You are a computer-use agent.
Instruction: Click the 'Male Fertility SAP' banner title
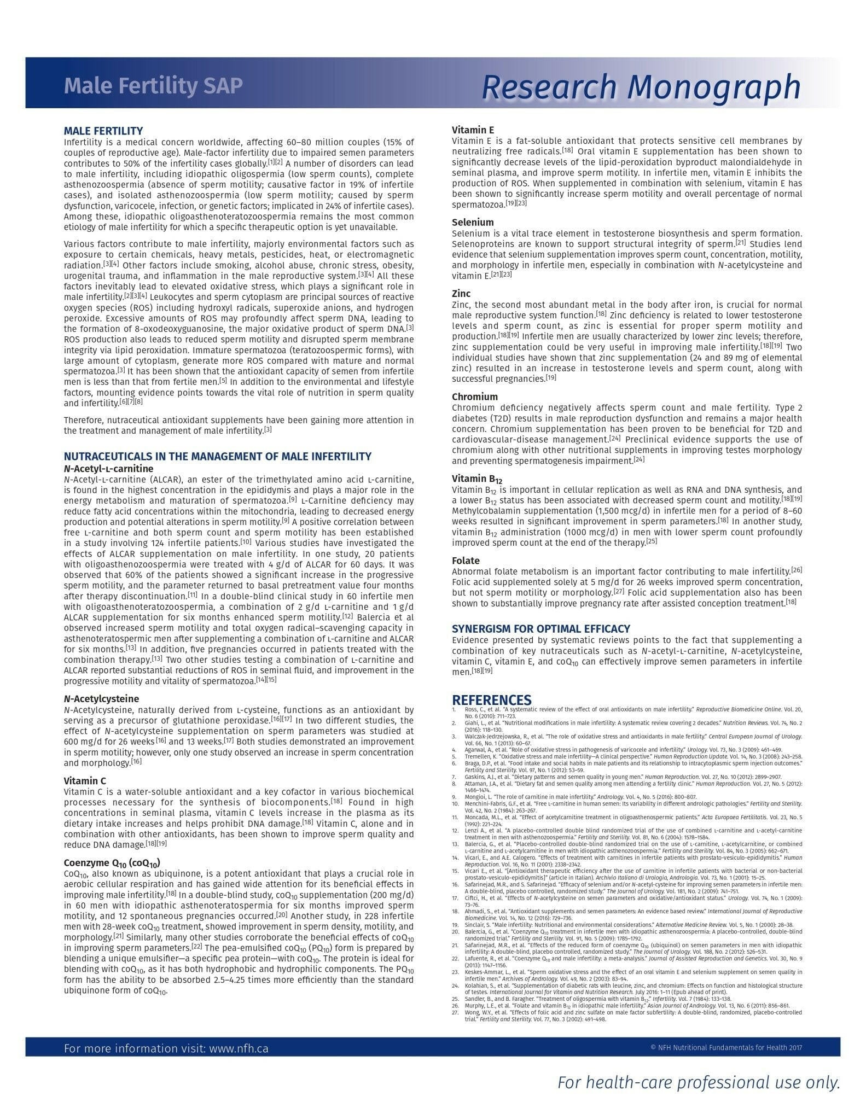pyautogui.click(x=153, y=86)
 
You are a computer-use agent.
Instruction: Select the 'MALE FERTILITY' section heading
pyautogui.click(x=103, y=131)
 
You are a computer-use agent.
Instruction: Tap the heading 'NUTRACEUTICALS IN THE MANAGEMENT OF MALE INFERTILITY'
pyautogui.click(x=217, y=456)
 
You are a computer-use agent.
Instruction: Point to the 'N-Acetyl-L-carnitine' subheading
pyautogui.click(x=108, y=469)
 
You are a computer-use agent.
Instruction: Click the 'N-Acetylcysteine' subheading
pyautogui.click(x=101, y=698)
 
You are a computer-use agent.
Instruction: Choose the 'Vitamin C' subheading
pyautogui.click(x=85, y=780)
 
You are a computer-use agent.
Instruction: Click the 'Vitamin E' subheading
pyautogui.click(x=473, y=130)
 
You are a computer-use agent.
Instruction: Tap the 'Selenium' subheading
pyautogui.click(x=473, y=222)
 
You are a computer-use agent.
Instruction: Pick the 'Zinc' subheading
pyautogui.click(x=461, y=294)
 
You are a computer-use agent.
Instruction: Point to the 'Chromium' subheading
pyautogui.click(x=475, y=396)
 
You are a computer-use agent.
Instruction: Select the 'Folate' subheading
pyautogui.click(x=466, y=561)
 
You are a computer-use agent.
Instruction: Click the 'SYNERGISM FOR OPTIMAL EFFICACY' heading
pyautogui.click(x=540, y=628)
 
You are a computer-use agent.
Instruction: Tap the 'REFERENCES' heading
pyautogui.click(x=491, y=700)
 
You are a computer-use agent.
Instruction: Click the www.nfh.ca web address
pyautogui.click(x=239, y=1048)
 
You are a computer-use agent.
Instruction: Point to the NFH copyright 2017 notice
pyautogui.click(x=726, y=1048)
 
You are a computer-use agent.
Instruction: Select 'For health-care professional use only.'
pyautogui.click(x=698, y=1082)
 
